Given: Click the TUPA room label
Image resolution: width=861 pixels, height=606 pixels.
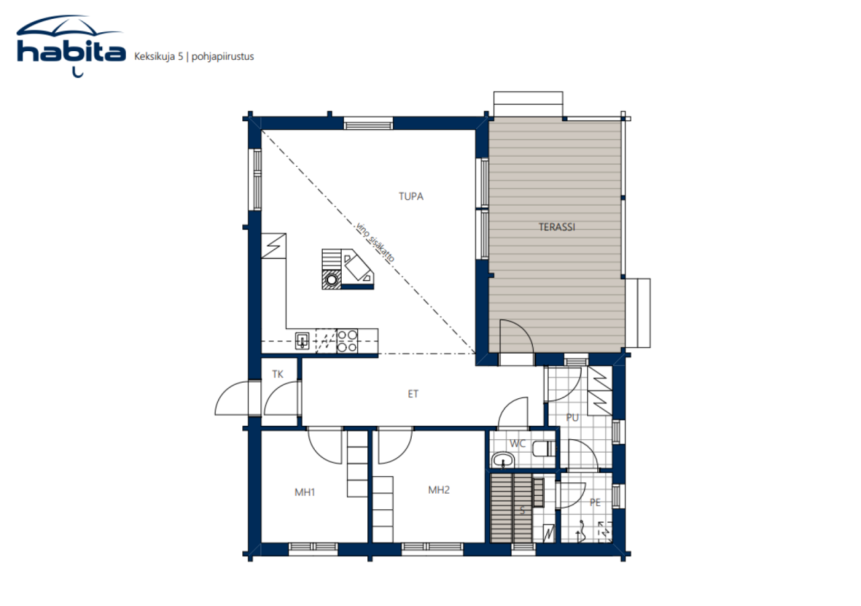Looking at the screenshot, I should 410,197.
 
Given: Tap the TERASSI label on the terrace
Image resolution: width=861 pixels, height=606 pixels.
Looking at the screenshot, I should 556,227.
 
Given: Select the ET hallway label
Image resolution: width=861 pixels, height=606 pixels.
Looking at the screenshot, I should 413,394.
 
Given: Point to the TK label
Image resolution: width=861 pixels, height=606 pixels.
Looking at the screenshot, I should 277,375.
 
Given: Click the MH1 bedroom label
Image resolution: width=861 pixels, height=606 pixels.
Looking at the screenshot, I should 305,492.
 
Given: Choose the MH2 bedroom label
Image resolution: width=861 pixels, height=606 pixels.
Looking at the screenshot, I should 439,490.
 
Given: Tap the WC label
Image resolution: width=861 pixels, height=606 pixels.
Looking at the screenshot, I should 517,444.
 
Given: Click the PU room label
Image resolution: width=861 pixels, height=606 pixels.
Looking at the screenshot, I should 572,418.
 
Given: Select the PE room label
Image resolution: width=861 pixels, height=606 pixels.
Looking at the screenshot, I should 595,502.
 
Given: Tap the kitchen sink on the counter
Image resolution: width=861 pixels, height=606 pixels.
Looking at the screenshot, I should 303,340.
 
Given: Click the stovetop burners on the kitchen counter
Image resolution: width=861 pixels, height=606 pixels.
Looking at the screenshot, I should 346,340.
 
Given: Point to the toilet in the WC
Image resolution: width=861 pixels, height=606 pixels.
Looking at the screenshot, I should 542,449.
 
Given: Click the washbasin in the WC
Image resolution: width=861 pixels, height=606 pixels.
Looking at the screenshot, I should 502,460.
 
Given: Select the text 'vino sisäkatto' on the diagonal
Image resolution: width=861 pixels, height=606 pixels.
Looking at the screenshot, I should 375,242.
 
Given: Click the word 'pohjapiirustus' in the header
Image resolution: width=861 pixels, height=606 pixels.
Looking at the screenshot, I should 223,56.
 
